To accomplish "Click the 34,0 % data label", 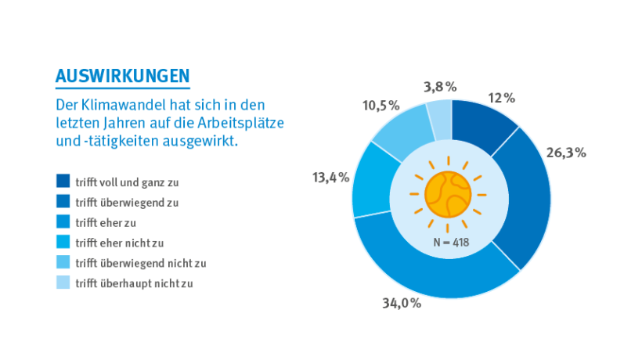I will (x=402, y=303).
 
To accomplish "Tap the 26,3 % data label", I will (x=566, y=153).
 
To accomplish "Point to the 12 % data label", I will (x=501, y=99).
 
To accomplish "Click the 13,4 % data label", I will (x=330, y=178).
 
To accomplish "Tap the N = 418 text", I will (x=453, y=243).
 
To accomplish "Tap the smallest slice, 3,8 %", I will (x=440, y=117).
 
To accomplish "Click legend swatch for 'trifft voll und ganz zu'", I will (x=63, y=181).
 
